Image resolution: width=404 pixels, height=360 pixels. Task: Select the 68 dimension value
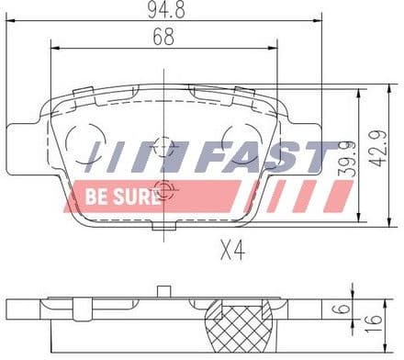click(163, 39)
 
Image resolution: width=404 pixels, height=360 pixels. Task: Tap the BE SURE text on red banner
click(113, 196)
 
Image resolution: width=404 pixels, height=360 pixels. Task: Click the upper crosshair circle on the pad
click(163, 146)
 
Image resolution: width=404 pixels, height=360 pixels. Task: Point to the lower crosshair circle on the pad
click(163, 192)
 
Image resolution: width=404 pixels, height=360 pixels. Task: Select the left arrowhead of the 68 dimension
click(53, 50)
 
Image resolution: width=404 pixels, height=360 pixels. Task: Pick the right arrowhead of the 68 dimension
click(275, 50)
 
